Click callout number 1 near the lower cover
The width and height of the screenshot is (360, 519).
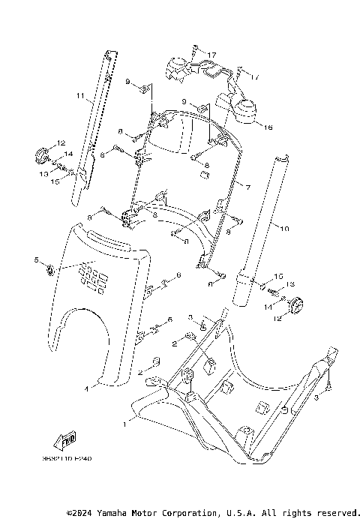124,423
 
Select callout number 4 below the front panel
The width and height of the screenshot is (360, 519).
86,388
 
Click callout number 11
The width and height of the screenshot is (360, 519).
79,97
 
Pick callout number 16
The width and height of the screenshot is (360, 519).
268,127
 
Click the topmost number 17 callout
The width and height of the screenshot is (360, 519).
212,55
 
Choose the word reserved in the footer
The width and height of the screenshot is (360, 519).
330,513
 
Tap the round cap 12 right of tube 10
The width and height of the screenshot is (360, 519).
294,305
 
